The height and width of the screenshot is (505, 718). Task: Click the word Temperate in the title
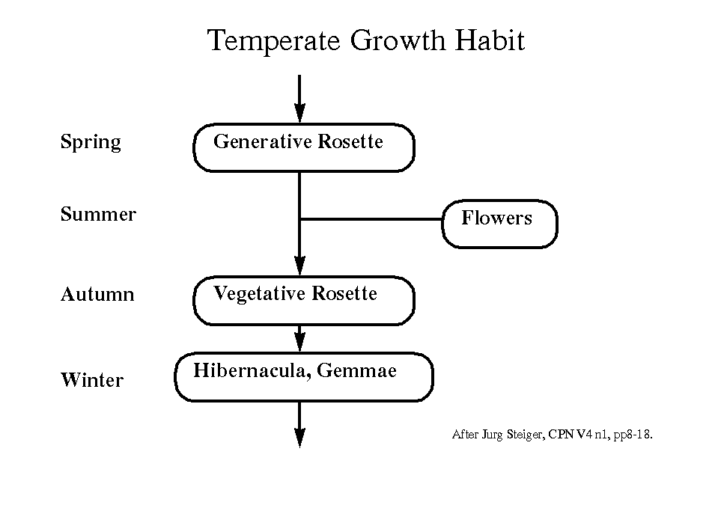tap(273, 40)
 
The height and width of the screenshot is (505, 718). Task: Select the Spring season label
tap(91, 142)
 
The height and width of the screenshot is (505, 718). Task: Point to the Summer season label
tap(98, 214)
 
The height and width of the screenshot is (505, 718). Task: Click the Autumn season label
tap(97, 294)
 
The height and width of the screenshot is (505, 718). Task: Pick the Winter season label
tap(92, 379)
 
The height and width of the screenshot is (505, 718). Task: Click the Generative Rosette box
tap(303, 147)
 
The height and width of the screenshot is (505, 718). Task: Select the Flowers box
tap(499, 224)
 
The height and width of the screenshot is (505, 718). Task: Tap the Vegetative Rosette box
tap(303, 301)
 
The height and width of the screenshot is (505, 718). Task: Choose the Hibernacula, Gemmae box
tap(303, 377)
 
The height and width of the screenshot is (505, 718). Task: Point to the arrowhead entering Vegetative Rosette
tap(299, 266)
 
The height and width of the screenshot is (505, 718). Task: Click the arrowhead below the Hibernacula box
tap(299, 438)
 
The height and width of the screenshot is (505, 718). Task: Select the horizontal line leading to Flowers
tap(371, 219)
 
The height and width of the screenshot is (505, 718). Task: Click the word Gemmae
tap(356, 370)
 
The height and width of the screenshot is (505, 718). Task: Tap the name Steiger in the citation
tap(526, 434)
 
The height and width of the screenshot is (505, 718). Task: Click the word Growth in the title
tap(398, 40)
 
